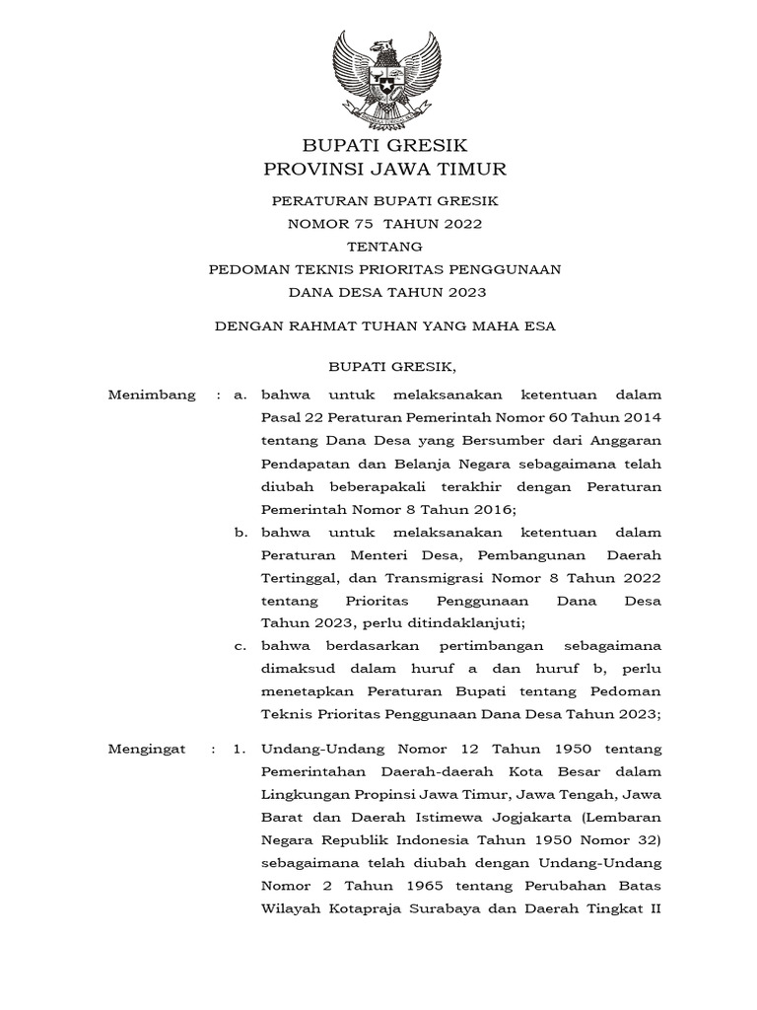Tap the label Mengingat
[147, 750]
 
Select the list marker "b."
[241, 532]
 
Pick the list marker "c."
[241, 645]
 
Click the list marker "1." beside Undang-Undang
[239, 750]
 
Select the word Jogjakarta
[534, 818]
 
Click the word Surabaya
[441, 908]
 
